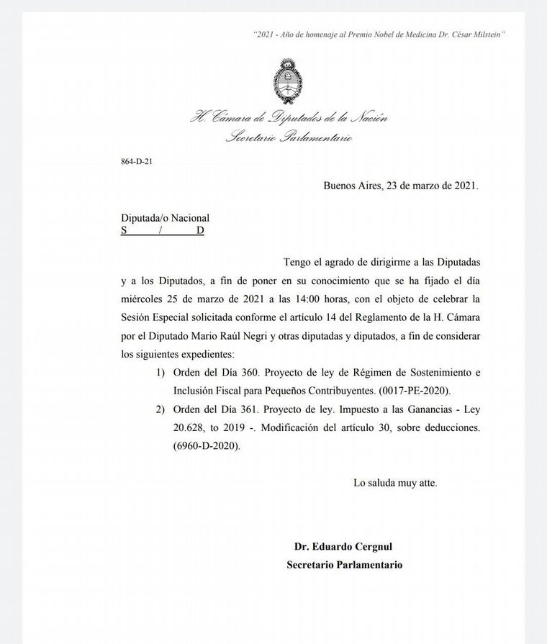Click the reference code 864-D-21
pyautogui.click(x=136, y=161)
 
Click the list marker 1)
pyautogui.click(x=161, y=371)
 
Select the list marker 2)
pyautogui.click(x=161, y=409)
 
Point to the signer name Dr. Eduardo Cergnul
pyautogui.click(x=344, y=547)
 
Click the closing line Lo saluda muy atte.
pyautogui.click(x=395, y=483)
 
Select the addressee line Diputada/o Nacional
pyautogui.click(x=165, y=217)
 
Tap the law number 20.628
pyautogui.click(x=189, y=427)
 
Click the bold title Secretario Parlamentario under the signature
pyautogui.click(x=344, y=565)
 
